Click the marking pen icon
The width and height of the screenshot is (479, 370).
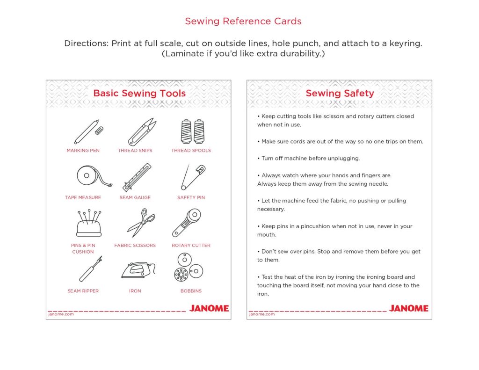click(x=87, y=132)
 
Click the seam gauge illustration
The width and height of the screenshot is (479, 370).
click(x=137, y=177)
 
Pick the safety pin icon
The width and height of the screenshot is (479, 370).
click(x=192, y=177)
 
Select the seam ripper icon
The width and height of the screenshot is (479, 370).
click(x=90, y=269)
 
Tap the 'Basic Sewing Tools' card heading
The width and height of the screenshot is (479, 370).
click(x=139, y=93)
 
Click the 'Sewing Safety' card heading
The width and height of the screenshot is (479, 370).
click(x=340, y=93)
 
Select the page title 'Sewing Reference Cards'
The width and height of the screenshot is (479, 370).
click(x=243, y=21)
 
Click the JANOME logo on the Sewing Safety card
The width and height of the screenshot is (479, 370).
click(x=408, y=308)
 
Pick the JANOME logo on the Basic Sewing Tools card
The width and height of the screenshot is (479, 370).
click(x=209, y=308)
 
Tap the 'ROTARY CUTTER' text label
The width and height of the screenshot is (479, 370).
click(x=191, y=245)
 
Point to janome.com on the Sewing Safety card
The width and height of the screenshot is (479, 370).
click(x=262, y=314)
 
